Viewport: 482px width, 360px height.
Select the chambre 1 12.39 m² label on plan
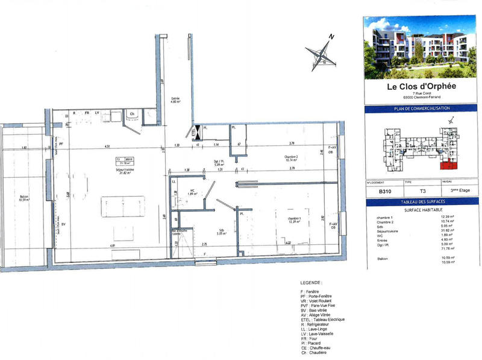[x=294, y=220]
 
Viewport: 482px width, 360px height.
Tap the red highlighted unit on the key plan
[x=448, y=164]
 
